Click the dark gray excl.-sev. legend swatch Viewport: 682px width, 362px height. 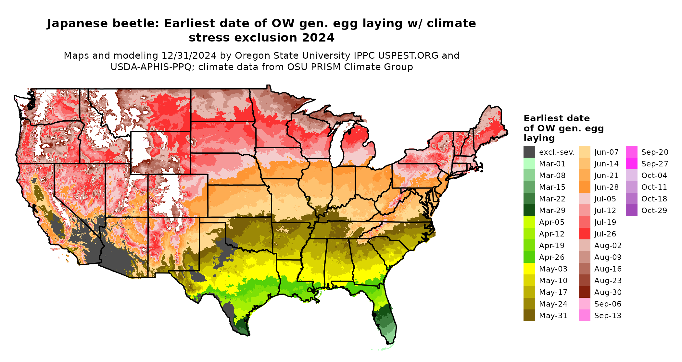tap(529, 152)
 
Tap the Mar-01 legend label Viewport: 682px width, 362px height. tap(552, 164)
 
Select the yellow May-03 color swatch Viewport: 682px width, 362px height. tap(529, 269)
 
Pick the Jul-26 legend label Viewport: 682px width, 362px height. tap(605, 234)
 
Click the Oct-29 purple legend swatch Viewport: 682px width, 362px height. tap(631, 211)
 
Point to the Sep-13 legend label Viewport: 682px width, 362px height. tap(608, 316)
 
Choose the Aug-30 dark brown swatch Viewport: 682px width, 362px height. tap(584, 292)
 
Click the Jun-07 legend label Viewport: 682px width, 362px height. tap(606, 152)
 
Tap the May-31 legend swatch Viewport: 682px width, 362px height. tap(529, 316)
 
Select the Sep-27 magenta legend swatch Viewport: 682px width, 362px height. tap(631, 164)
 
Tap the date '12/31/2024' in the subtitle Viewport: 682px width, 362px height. tap(189, 55)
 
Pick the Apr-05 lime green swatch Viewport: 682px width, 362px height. tap(529, 222)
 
